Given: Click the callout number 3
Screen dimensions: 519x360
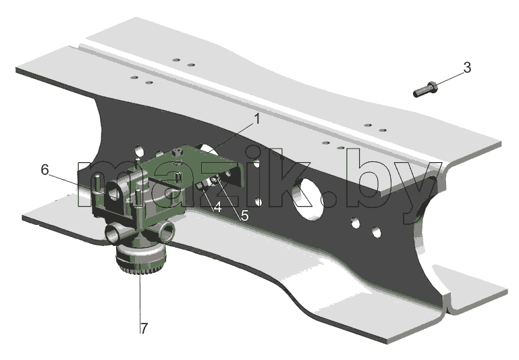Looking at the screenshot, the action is pos(467,68).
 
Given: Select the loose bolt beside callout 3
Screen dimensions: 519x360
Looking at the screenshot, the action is pos(425,89).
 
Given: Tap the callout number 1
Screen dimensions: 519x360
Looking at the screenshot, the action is pos(257,119).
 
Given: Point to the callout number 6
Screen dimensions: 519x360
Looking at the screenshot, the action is pos(45,170).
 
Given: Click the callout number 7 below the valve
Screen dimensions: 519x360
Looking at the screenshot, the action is pos(144,328).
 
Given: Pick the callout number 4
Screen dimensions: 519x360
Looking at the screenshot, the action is pos(217,207).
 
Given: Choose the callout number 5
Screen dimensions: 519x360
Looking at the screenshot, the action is pos(244,215).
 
